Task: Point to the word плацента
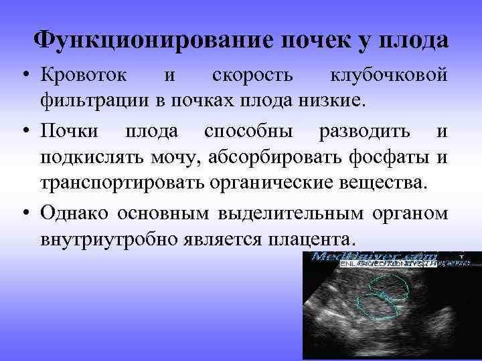pos(316,238)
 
